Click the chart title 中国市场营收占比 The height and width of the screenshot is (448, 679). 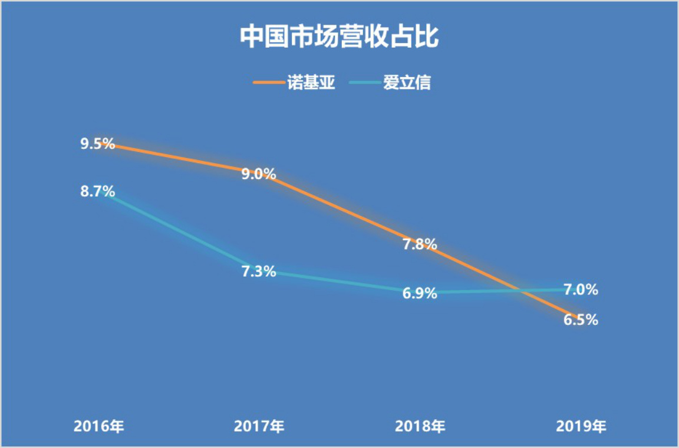339,36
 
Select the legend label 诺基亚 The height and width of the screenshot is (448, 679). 311,82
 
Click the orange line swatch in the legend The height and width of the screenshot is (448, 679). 268,82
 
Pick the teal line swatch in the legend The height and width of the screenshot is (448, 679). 364,82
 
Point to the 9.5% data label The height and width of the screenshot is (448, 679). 97,144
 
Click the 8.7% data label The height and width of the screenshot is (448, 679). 97,192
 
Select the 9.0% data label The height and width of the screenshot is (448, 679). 259,174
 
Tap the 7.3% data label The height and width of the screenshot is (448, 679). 259,272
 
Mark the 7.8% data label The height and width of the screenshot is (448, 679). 420,244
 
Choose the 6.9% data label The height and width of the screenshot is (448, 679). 420,293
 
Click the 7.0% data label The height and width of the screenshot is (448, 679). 581,290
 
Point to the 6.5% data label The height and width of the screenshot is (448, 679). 581,320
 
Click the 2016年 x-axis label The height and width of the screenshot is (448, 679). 98,426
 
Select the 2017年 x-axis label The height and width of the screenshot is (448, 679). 259,426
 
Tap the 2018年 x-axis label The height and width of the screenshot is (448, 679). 420,426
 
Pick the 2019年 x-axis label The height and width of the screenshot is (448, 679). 581,426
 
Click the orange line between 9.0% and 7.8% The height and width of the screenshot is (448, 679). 339,209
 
